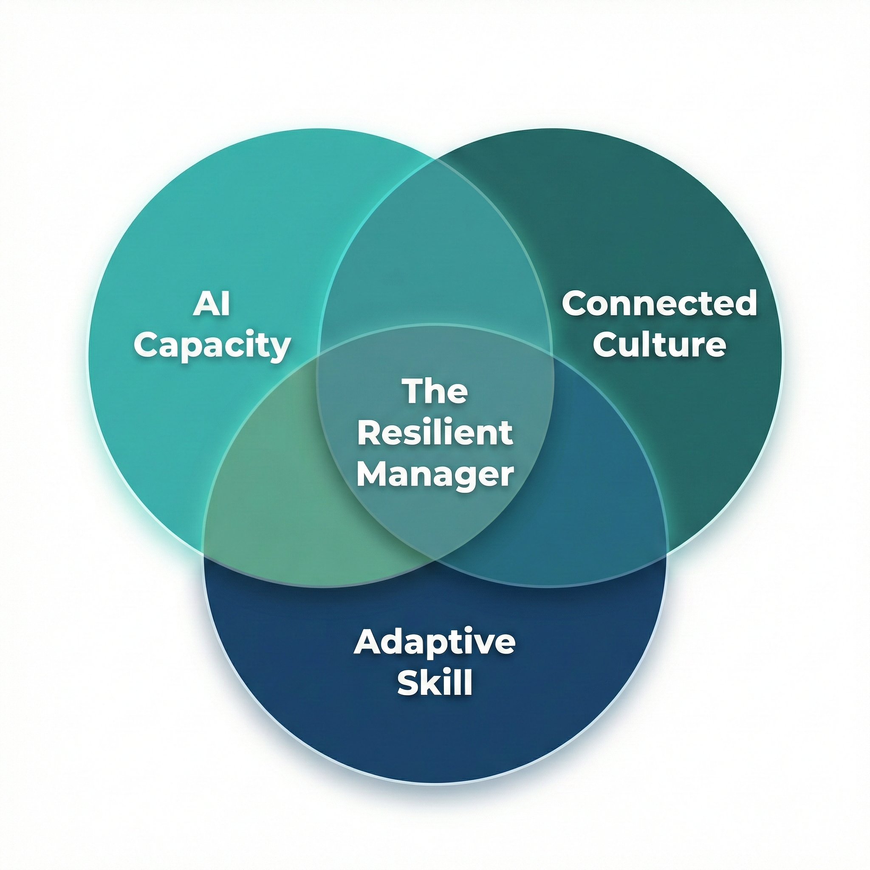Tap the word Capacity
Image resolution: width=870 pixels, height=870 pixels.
(212, 346)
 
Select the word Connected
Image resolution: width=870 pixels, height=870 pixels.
(659, 303)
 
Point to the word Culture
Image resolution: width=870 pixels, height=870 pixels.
(659, 345)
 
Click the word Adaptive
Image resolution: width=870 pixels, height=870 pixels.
(435, 643)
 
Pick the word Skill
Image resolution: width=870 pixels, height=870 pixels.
(435, 683)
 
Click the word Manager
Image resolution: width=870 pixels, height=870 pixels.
(435, 475)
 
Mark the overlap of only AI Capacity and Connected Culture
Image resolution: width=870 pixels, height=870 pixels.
(435, 252)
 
